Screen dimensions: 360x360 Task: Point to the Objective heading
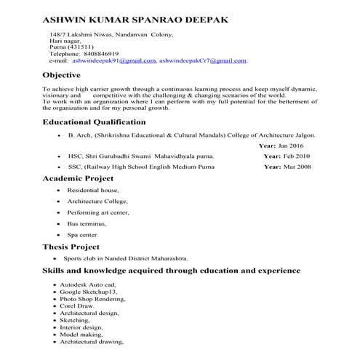67,75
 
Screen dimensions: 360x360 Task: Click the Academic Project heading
79,178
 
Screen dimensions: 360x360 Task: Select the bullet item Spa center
82,236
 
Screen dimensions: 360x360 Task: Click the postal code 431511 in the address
79,47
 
